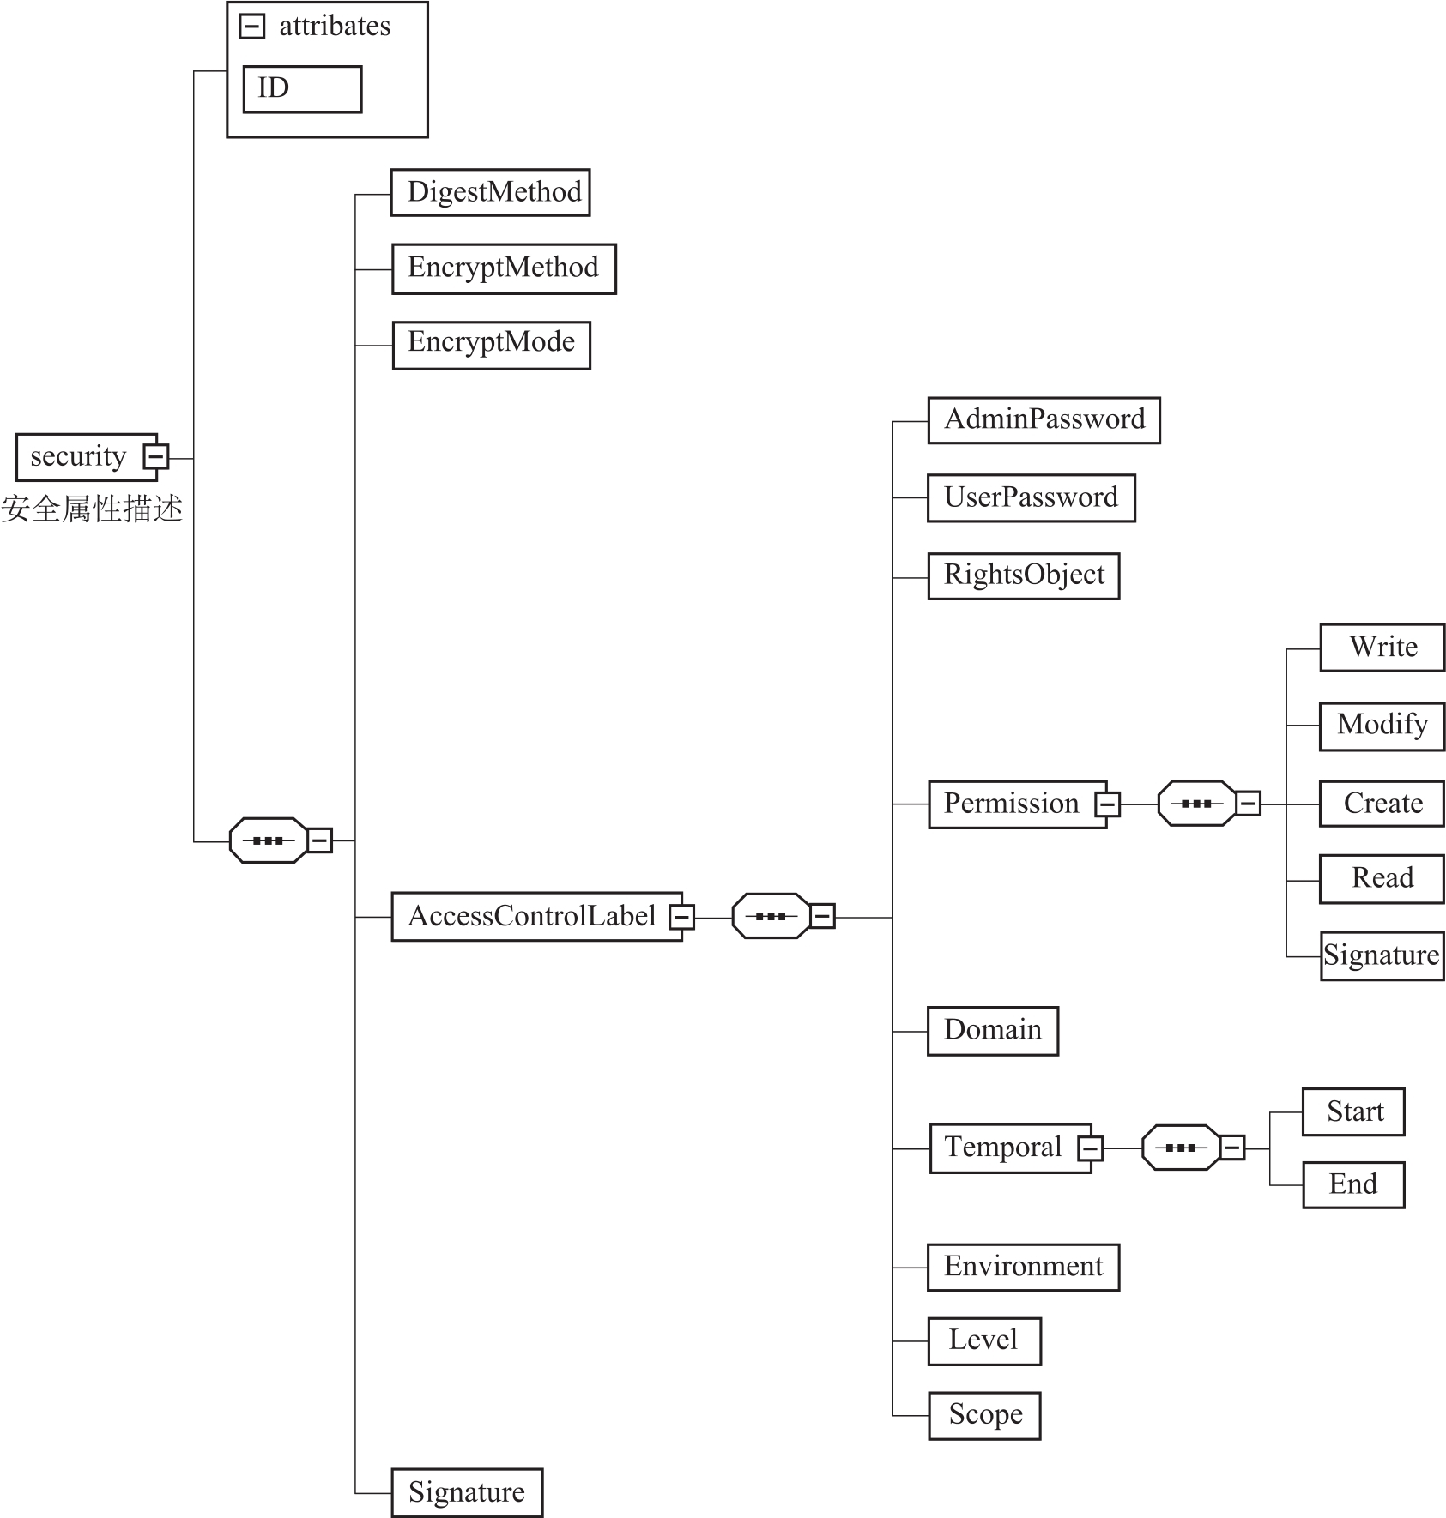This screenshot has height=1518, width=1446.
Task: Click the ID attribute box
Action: pyautogui.click(x=302, y=89)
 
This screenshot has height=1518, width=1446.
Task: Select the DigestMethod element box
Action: pyautogui.click(x=490, y=192)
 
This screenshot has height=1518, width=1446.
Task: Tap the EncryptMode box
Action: pyautogui.click(x=491, y=345)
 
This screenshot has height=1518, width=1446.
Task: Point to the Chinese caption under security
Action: pyautogui.click(x=92, y=509)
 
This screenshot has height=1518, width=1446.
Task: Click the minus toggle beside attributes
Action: pyautogui.click(x=251, y=27)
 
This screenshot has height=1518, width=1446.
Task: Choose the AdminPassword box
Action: pyautogui.click(x=1044, y=420)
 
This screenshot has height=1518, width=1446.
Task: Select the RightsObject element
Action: pyautogui.click(x=1023, y=575)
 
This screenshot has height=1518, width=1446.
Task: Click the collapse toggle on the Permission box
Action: pyautogui.click(x=1107, y=804)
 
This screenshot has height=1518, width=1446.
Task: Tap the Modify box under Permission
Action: pyautogui.click(x=1382, y=726)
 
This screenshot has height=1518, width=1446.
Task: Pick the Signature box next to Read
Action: pyautogui.click(x=1382, y=955)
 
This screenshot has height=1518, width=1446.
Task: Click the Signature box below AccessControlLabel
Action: pyautogui.click(x=467, y=1492)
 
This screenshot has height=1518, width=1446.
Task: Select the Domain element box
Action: pyautogui.click(x=992, y=1030)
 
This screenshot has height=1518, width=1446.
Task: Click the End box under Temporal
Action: pyautogui.click(x=1353, y=1184)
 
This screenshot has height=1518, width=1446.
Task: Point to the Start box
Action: pyautogui.click(x=1353, y=1111)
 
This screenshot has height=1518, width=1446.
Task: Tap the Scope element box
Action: pyautogui.click(x=984, y=1415)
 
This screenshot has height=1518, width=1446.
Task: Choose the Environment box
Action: pyautogui.click(x=1023, y=1267)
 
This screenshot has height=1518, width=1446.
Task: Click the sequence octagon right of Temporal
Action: pyautogui.click(x=1181, y=1148)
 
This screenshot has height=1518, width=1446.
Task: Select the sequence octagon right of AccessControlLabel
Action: pyautogui.click(x=771, y=916)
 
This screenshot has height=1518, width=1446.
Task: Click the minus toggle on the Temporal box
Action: pyautogui.click(x=1090, y=1148)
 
